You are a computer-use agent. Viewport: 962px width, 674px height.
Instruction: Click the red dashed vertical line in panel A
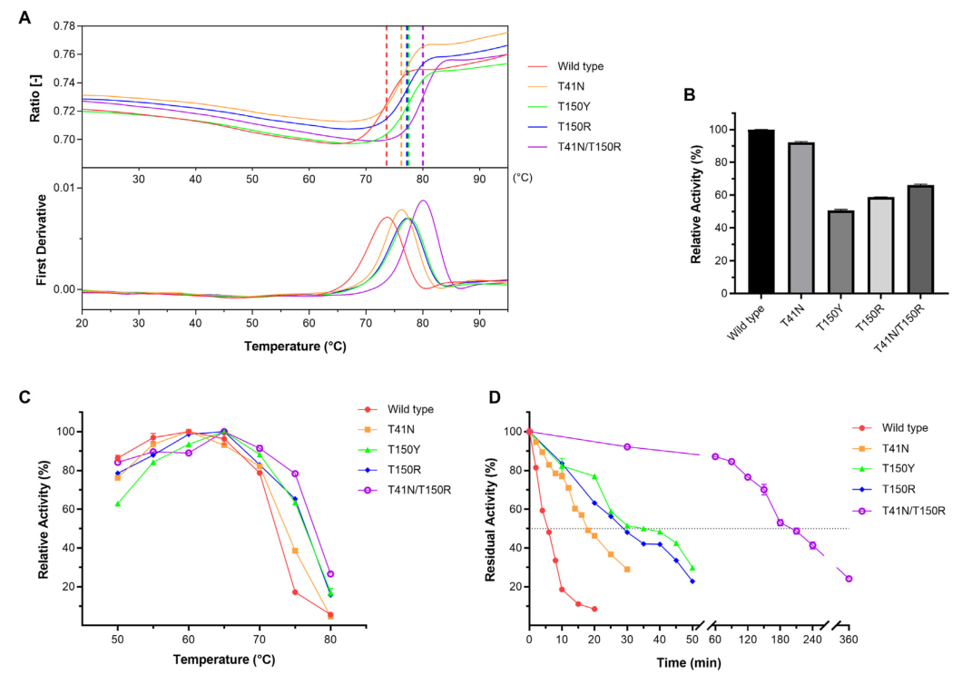pos(387,91)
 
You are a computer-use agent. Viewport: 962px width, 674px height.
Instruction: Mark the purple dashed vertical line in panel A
pos(423,91)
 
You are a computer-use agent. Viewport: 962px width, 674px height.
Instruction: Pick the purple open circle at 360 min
pos(849,579)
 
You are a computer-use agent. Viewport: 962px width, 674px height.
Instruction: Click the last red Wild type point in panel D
pos(594,609)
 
